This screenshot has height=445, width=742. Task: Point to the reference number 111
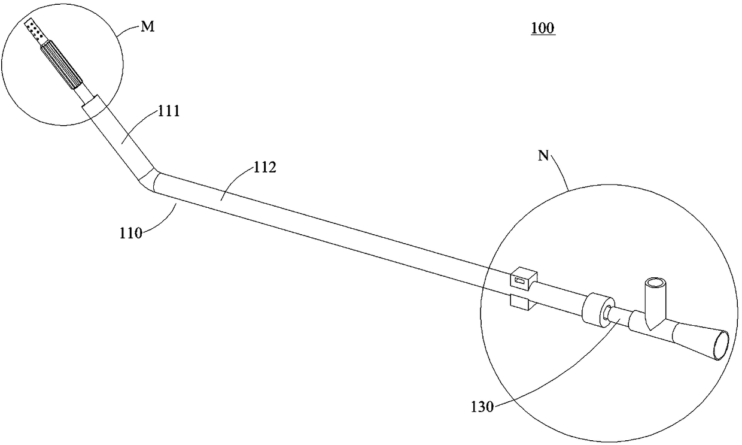click(x=169, y=112)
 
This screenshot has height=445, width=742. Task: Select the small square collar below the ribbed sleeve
click(x=92, y=105)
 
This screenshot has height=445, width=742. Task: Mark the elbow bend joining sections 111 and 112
click(x=150, y=180)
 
